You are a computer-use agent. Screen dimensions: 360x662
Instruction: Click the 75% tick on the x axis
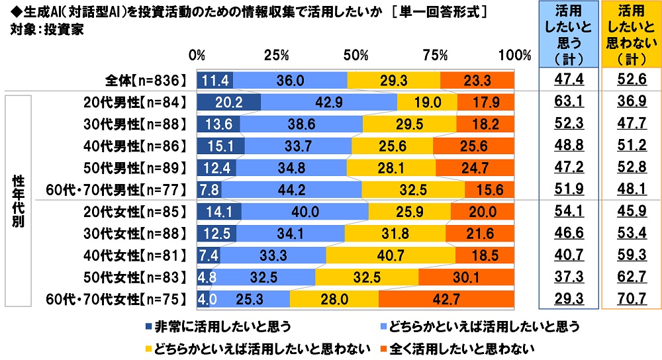pyautogui.click(x=435, y=54)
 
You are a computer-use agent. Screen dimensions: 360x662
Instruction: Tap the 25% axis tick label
pyautogui.click(x=277, y=54)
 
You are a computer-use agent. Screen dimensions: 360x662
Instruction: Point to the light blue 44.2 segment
pyautogui.click(x=291, y=190)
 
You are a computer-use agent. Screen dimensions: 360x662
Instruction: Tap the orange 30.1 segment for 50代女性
pyautogui.click(x=466, y=277)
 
